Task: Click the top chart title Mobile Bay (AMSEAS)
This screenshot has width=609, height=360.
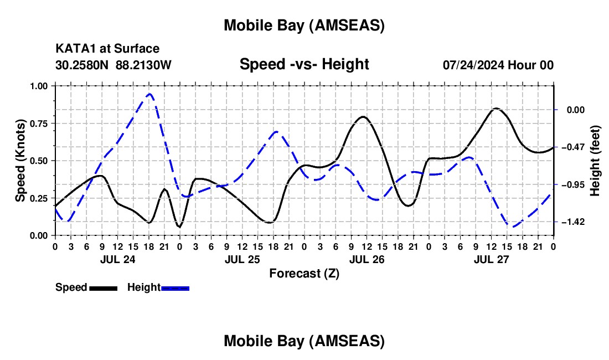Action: coord(304,25)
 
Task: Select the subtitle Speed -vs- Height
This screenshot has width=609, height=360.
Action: coord(304,64)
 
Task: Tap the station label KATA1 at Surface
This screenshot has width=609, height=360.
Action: coord(107,49)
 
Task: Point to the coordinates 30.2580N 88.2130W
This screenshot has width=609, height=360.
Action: coord(113,65)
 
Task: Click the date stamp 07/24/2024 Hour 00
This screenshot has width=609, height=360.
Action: coord(498,65)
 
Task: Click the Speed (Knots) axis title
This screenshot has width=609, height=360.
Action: coord(20,161)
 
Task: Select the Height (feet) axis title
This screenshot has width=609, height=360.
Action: coord(595,161)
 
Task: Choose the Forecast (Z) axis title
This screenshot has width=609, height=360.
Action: coord(304,273)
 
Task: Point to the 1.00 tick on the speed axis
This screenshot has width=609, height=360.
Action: coord(39,86)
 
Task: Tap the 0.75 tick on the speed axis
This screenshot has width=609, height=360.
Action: coord(39,124)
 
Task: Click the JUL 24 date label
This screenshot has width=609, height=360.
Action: coord(117,259)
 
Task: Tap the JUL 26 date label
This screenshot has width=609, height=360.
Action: coord(367,259)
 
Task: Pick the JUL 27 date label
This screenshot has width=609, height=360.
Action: coord(491,259)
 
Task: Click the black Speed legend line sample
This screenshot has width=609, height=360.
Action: coord(103,288)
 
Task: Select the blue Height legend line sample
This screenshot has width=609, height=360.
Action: coord(175,288)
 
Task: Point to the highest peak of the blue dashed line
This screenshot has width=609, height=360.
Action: coord(149,94)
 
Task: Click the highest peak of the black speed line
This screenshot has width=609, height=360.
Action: coord(496,109)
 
